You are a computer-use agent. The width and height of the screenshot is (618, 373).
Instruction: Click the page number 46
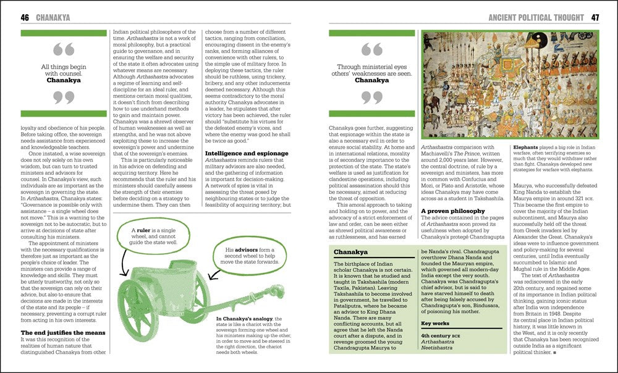25,17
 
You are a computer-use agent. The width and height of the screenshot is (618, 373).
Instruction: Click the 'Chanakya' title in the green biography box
350,253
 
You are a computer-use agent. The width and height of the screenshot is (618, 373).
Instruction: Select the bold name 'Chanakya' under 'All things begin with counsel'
64,80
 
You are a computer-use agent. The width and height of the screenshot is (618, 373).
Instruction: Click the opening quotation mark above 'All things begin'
64,49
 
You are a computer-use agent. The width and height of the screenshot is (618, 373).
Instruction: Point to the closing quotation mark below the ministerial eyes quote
371,97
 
